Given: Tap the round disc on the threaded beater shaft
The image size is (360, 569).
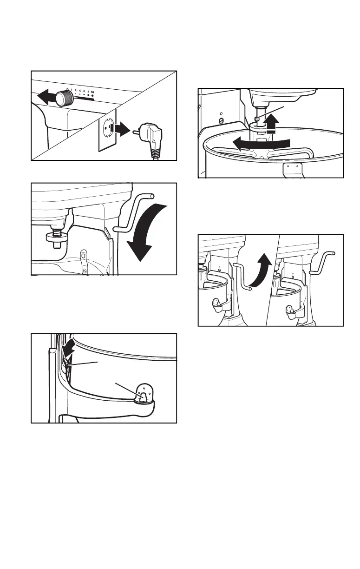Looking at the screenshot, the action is [x=55, y=237].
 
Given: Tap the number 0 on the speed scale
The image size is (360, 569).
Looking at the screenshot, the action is [x=68, y=90].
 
